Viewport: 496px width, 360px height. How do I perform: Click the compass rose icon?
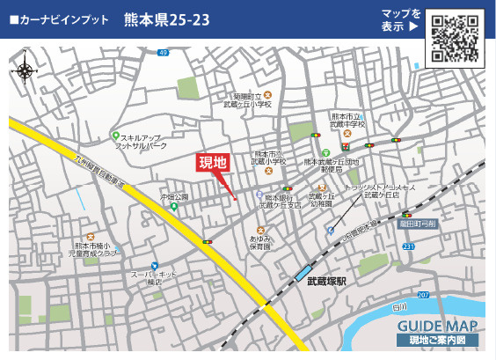(26, 68)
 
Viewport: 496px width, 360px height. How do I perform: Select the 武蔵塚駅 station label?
(327, 282)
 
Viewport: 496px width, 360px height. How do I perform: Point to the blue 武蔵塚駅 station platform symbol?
(304, 274)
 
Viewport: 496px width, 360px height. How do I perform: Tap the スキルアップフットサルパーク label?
(145, 142)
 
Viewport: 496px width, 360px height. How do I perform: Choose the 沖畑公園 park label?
(174, 197)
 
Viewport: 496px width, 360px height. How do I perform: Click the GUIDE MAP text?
(437, 326)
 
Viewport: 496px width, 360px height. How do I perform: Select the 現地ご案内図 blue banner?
(437, 340)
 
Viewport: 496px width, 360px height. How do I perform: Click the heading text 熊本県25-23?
(167, 19)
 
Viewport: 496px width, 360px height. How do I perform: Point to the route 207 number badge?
(424, 294)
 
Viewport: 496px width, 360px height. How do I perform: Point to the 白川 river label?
(400, 305)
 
